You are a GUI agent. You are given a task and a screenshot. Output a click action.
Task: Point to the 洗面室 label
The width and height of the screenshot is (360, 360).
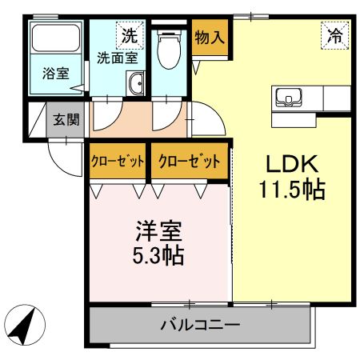point(117,57)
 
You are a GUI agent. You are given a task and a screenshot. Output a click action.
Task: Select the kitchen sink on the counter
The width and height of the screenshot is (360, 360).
point(286,97)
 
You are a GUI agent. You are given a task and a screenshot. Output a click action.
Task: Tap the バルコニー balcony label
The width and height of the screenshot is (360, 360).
point(199,326)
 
